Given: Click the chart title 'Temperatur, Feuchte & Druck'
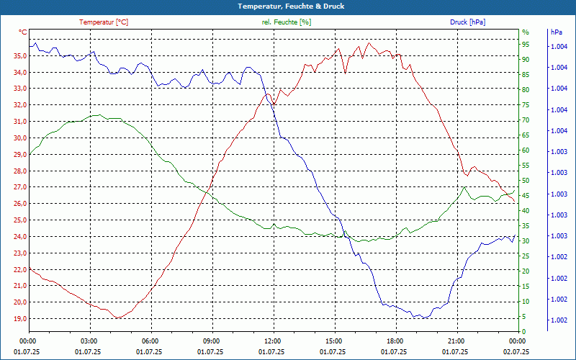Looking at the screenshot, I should click(288, 6).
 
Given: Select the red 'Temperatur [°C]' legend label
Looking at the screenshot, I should click(104, 22).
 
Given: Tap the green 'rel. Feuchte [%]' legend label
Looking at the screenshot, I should click(287, 22).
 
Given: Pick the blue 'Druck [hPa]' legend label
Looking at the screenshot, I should click(467, 22).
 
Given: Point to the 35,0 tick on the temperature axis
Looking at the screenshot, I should click(18, 56).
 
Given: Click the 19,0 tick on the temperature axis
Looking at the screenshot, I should click(18, 318).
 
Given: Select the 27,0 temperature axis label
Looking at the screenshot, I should click(18, 187).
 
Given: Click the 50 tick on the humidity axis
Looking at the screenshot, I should click(526, 181).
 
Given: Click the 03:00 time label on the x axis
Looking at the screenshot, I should click(89, 341).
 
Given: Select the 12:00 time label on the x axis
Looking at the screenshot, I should click(273, 341).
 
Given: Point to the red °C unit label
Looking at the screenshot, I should click(23, 32).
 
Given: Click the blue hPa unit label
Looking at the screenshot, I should click(557, 32).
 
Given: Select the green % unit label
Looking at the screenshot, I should click(526, 32).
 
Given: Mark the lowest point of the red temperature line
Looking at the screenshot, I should click(116, 318).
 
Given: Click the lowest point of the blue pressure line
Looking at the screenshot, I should click(424, 318).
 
